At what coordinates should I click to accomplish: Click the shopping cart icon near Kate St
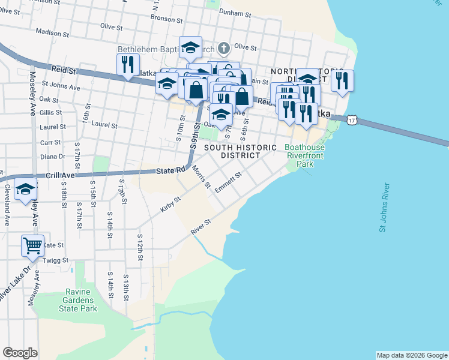[32, 245]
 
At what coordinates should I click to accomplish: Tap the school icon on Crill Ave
[25, 190]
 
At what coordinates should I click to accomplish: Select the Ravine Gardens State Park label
[78, 301]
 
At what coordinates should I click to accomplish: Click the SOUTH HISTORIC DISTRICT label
[240, 151]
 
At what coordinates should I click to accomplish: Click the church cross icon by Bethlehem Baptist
[223, 47]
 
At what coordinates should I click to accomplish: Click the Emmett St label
[228, 182]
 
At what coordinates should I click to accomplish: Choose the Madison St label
[50, 32]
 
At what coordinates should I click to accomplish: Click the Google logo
[20, 353]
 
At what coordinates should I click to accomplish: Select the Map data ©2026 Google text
[411, 355]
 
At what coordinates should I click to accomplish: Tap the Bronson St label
[162, 18]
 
